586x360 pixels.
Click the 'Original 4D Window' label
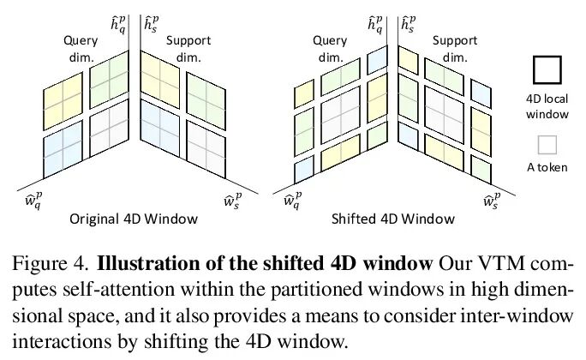pos(135,219)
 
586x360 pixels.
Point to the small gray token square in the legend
pos(547,144)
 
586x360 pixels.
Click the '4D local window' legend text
pos(547,107)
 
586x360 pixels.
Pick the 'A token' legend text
pos(547,167)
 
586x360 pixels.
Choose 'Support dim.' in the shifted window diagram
pos(455,48)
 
